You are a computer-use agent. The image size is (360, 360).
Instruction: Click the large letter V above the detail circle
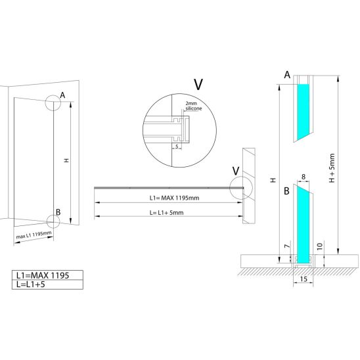coord(198,85)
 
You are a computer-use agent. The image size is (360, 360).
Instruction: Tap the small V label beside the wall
coord(236,171)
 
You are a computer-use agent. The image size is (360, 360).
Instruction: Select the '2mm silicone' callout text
coord(194,106)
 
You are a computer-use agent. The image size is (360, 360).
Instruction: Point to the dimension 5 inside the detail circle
coord(177,146)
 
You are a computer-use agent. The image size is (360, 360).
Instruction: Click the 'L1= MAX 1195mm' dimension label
coord(174,198)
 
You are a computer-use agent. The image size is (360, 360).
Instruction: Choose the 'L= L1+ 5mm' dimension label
coord(166,213)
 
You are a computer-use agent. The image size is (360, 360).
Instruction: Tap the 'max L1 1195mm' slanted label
coord(34,235)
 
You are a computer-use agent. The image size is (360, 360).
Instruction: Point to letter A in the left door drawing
coord(62,95)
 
